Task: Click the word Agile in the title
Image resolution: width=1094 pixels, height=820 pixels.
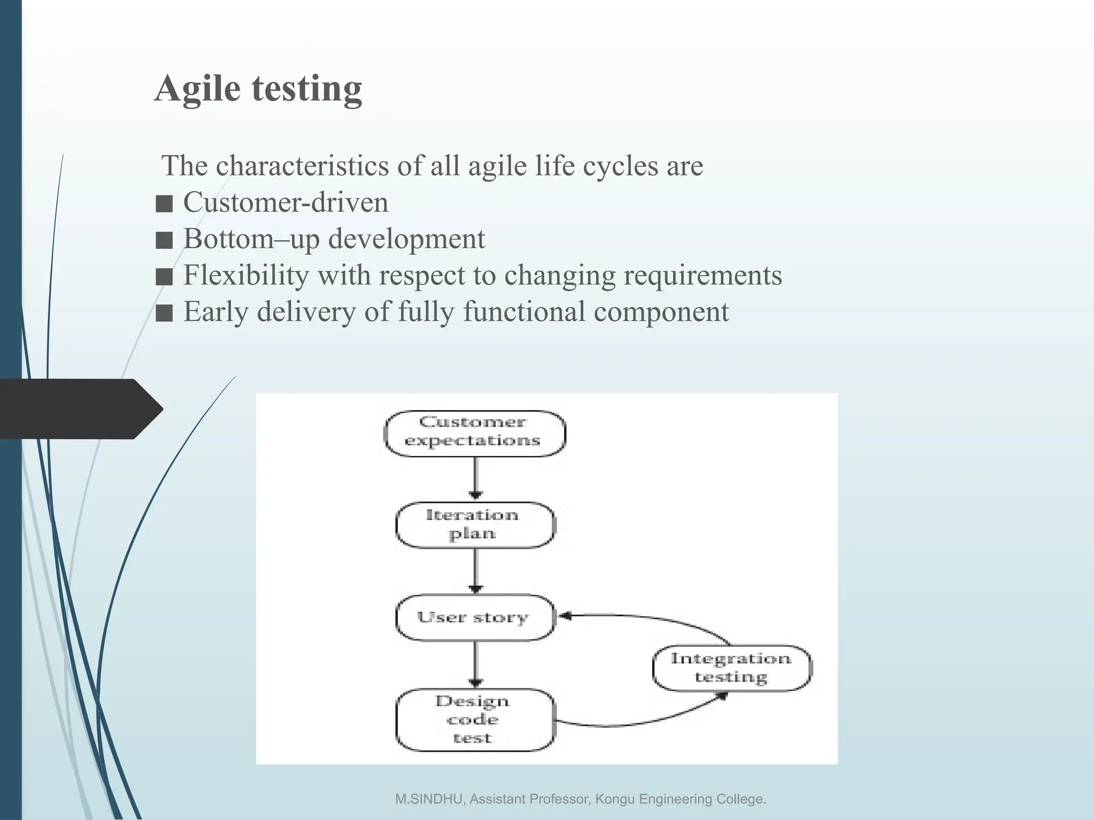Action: (x=197, y=89)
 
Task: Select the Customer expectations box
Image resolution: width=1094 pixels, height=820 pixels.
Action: (x=474, y=433)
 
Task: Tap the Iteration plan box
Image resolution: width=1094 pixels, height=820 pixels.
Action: (x=474, y=525)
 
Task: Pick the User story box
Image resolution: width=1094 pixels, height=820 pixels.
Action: (x=474, y=618)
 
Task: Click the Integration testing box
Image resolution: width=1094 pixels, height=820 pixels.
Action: (x=731, y=668)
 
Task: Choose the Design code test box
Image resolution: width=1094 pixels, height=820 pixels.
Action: (x=474, y=720)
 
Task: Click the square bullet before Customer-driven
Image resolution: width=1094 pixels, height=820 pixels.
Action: (x=164, y=204)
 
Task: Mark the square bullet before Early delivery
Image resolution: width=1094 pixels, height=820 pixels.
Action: (x=164, y=313)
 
